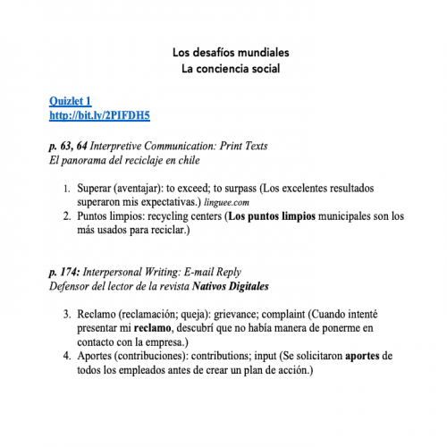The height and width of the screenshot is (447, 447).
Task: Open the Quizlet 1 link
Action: pos(71,103)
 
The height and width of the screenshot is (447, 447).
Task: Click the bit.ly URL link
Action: pos(99,116)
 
